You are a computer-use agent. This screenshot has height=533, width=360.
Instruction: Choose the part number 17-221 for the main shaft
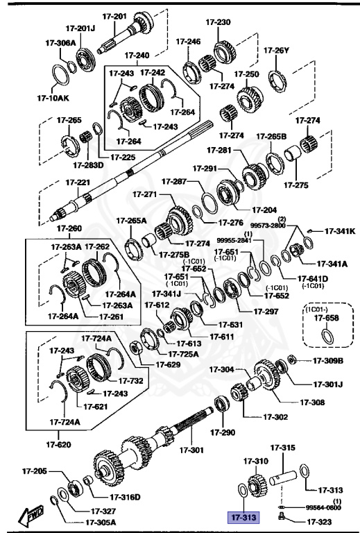(x=78, y=183)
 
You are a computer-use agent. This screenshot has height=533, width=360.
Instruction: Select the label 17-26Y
(x=276, y=50)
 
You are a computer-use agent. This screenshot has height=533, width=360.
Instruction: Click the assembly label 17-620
(x=59, y=444)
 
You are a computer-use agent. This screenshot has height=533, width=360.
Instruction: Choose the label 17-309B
(x=327, y=360)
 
